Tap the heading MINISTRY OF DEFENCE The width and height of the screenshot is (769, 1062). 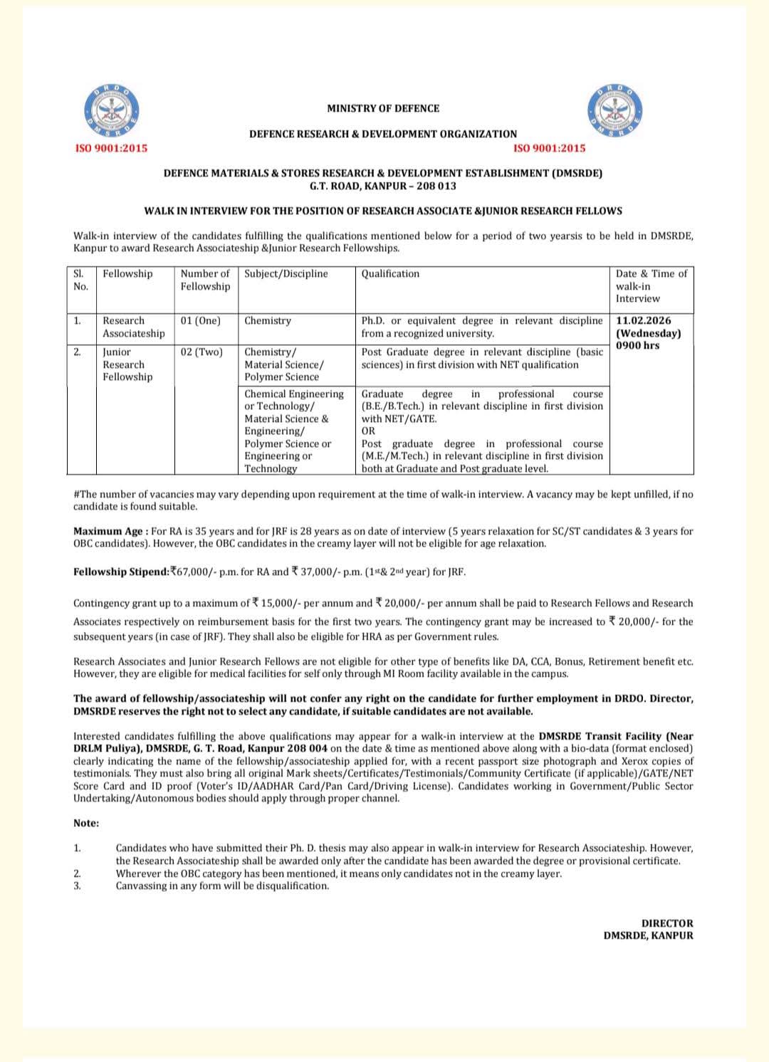tap(383, 109)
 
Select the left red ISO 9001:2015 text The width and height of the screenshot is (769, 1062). tap(112, 148)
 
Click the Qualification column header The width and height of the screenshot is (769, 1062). tap(390, 274)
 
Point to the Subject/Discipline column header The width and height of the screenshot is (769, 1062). tap(286, 274)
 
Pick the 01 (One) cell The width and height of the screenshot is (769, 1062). tap(201, 321)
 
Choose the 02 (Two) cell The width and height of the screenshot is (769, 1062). tap(202, 352)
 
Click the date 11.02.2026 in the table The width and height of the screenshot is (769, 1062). tap(644, 321)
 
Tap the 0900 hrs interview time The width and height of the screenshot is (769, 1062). tap(638, 346)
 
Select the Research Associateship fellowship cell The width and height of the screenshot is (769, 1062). tap(133, 327)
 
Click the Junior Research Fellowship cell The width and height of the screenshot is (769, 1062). tap(127, 364)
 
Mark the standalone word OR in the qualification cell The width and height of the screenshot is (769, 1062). tap(368, 431)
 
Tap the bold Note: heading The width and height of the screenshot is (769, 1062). tap(86, 824)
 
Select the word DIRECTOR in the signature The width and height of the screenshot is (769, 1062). tap(667, 924)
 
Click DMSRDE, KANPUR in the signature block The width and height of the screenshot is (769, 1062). tap(648, 936)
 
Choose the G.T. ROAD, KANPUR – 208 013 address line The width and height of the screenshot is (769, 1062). tap(383, 186)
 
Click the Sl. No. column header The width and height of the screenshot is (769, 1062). tap(80, 280)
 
